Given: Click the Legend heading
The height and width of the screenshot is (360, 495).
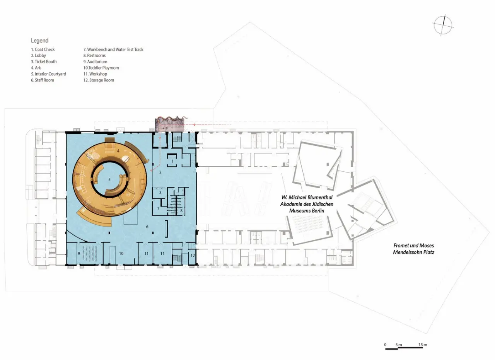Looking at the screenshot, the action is (39, 41).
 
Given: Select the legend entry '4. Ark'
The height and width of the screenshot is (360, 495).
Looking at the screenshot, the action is (36, 68).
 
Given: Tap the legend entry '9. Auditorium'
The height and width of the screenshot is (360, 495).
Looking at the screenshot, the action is (95, 61).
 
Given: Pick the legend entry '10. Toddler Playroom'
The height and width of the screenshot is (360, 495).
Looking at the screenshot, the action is (101, 68).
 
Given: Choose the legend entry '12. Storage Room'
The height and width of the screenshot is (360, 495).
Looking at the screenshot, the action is (99, 80).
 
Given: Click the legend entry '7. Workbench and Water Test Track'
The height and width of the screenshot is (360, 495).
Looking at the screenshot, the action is (113, 49).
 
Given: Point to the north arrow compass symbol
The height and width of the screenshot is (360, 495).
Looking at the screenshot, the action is (443, 25).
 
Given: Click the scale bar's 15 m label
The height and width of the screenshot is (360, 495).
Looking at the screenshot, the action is (423, 345).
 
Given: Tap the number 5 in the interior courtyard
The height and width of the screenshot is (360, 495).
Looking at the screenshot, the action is (109, 180).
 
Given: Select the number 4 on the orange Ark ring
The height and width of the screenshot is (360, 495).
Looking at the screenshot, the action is (118, 151).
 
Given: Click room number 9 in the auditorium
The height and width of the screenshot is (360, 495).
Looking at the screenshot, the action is (79, 254).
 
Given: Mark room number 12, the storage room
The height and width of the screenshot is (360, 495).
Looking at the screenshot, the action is (193, 256).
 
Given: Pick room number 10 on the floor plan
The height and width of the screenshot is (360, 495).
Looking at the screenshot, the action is (121, 254).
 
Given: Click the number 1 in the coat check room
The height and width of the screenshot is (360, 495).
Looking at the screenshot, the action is (172, 162).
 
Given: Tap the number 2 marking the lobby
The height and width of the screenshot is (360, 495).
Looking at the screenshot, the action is (160, 172).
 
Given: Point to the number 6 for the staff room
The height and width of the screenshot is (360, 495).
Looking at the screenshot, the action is (147, 227).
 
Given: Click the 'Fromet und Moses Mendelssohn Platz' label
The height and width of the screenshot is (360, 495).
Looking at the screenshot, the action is (413, 249).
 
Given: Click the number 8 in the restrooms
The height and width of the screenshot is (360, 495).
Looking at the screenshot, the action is (181, 211).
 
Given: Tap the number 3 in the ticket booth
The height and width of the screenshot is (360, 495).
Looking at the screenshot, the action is (160, 193).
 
